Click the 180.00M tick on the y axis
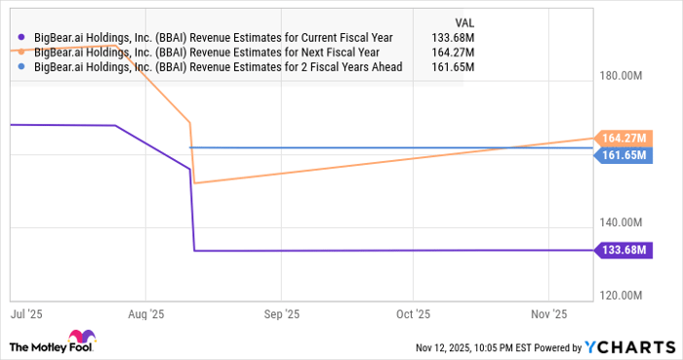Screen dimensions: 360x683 [x=621, y=76]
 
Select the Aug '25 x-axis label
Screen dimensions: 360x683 [x=144, y=315]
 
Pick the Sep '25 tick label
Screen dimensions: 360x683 [x=280, y=315]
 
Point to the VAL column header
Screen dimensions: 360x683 [x=467, y=20]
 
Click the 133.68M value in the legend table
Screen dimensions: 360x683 [x=453, y=37]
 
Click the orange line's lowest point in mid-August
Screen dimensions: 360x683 [x=195, y=182]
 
